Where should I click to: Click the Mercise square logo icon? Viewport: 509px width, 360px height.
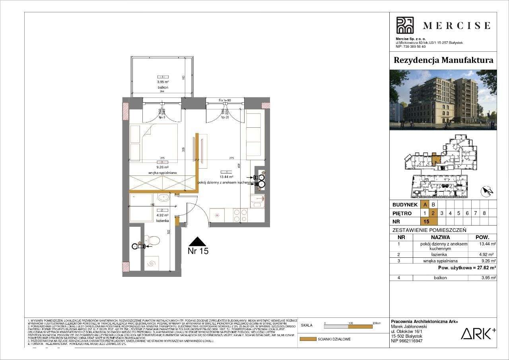[405, 25]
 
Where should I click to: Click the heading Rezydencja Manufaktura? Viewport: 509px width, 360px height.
[443, 60]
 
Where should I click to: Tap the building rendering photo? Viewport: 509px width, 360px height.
[443, 100]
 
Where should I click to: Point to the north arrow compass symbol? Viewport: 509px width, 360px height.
[487, 192]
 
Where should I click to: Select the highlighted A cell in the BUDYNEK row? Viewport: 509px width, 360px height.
[425, 204]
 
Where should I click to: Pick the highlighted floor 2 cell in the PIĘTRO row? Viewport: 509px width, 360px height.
[434, 213]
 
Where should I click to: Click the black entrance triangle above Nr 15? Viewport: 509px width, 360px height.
[198, 242]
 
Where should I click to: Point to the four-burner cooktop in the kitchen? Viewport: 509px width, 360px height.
[241, 216]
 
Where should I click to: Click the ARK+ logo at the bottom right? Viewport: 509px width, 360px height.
[478, 333]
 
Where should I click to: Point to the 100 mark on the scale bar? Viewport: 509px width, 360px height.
[350, 323]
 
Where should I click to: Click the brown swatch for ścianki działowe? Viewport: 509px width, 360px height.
[307, 339]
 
